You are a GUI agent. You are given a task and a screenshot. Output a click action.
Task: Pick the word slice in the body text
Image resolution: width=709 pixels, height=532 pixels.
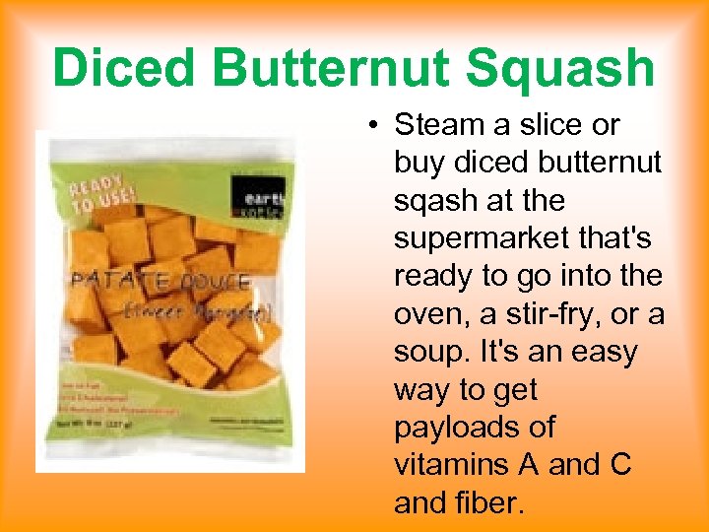tap(552, 125)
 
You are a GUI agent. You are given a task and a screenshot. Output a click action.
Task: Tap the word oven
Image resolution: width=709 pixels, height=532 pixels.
tap(429, 314)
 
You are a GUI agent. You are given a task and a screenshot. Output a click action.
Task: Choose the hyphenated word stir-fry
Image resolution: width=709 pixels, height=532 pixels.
tap(552, 314)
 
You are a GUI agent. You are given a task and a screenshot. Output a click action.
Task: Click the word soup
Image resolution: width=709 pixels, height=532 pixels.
tap(430, 352)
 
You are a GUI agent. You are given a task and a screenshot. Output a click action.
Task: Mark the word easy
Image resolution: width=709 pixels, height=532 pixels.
tap(603, 352)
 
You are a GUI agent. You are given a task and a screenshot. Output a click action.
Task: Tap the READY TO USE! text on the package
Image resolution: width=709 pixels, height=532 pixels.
tap(96, 197)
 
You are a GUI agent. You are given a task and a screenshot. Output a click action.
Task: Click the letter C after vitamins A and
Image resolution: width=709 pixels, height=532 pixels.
tap(620, 465)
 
